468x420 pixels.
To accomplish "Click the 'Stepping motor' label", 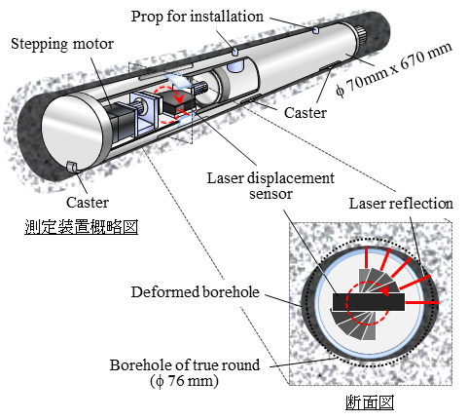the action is pos(62,44).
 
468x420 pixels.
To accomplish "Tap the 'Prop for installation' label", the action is pos(198,17).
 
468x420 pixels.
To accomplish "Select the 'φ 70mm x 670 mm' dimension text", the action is pos(394,69).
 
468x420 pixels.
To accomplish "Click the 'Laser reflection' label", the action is pos(401,204).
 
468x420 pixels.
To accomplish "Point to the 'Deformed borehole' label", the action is pos(196,291).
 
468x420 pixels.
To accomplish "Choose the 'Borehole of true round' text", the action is pos(185,364).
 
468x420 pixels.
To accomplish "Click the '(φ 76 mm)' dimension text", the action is pos(184,381).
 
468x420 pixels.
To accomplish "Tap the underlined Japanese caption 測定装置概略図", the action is pos(82,227).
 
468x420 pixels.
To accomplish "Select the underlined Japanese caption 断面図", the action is pos(370,402).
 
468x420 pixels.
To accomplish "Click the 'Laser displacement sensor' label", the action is pos(270,186).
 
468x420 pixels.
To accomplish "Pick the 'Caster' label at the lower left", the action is pos(88,203).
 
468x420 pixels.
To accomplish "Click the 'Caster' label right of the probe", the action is pos(306,113).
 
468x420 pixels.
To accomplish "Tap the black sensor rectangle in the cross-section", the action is pos(369,302).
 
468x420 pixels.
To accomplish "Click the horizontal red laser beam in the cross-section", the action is pos(422,303).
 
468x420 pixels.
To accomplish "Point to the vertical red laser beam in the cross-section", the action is pos(366,257).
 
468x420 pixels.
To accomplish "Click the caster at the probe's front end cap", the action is pos(72,167).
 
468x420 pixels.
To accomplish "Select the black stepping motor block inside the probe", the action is pos(120,123).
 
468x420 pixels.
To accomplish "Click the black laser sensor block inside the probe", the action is pos(179,104).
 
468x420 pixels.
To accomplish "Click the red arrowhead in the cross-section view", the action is pos(385,290).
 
